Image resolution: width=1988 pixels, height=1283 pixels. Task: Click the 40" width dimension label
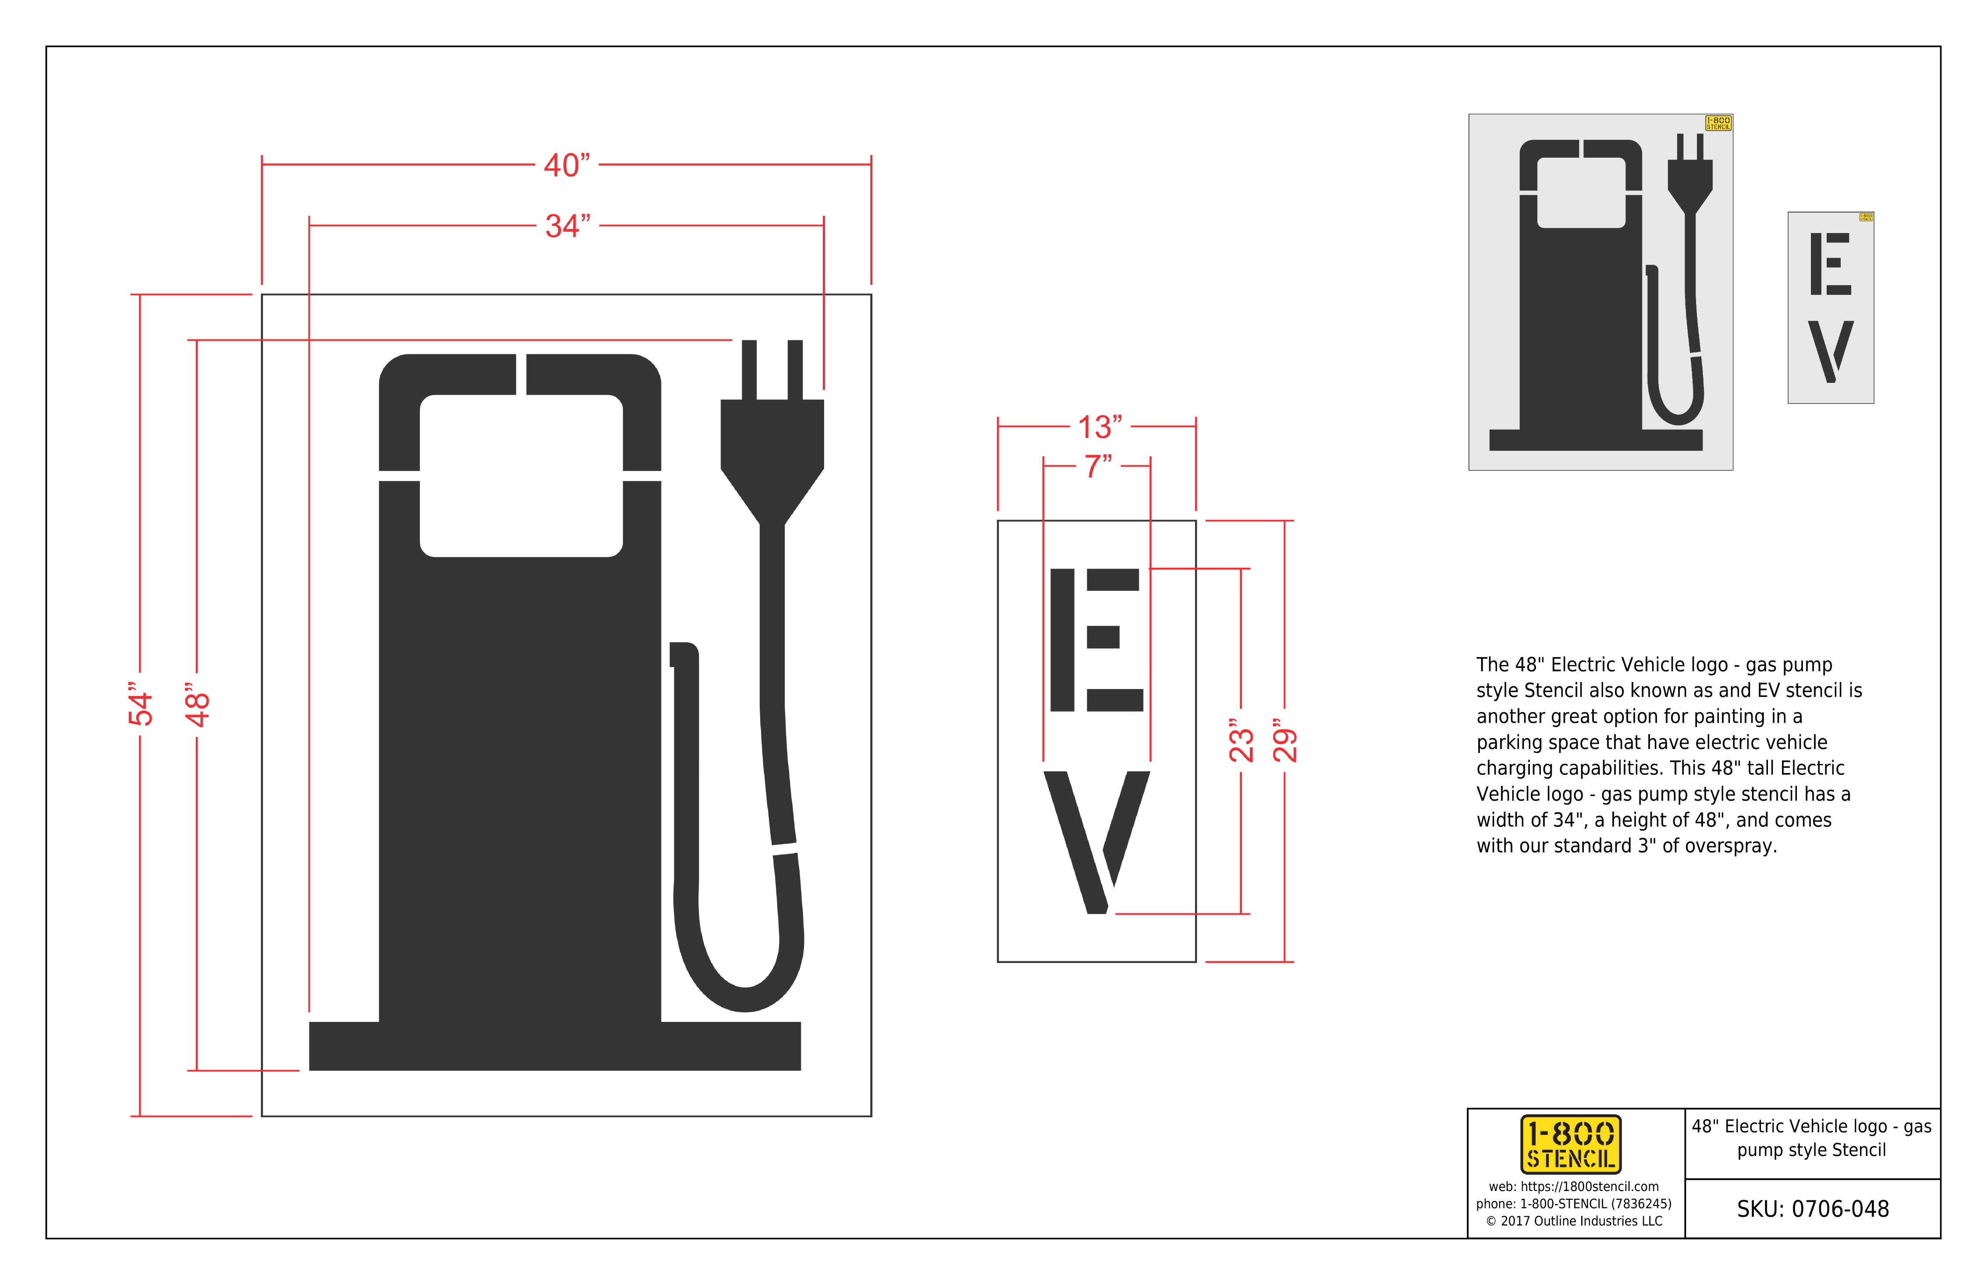(x=567, y=165)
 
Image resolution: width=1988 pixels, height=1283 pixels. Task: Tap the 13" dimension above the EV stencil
(x=1099, y=427)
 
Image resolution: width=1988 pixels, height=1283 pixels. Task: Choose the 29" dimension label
(x=1284, y=740)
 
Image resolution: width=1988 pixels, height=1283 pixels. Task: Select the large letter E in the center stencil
(x=1096, y=640)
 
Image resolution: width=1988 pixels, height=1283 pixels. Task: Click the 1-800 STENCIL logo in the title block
(x=1570, y=1144)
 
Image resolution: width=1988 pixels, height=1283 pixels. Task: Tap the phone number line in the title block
(x=1574, y=1204)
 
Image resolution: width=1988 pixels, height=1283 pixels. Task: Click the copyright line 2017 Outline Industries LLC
(x=1574, y=1221)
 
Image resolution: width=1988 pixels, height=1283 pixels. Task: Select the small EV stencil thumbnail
(x=1831, y=307)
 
